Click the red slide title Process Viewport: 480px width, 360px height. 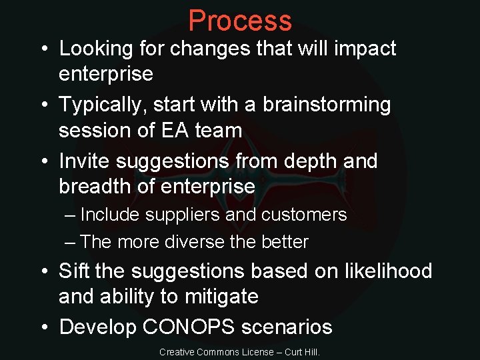pyautogui.click(x=240, y=21)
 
